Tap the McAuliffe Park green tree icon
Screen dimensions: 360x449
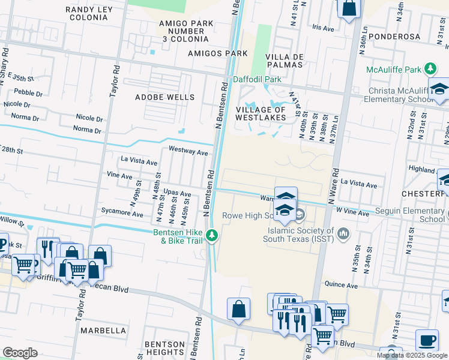click(430, 70)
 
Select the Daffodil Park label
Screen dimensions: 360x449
click(256, 79)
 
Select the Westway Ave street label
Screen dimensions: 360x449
click(188, 152)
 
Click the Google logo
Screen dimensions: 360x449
click(20, 353)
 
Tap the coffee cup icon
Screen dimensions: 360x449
click(427, 341)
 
